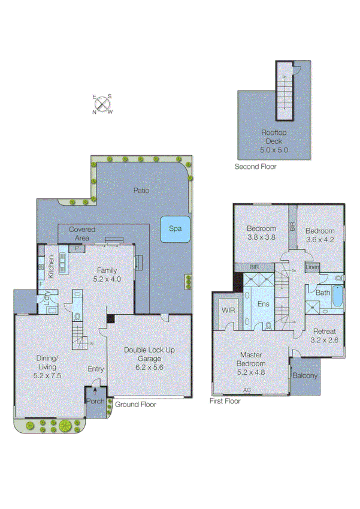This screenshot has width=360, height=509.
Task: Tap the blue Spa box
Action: coord(175,229)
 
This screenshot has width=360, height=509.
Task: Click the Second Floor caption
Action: coord(255,167)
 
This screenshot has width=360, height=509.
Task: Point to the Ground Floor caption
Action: coord(135,405)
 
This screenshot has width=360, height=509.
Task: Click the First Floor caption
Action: coord(225,401)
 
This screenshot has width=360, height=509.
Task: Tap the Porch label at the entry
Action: coord(95,402)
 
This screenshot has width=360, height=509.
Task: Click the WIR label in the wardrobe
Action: coord(228,310)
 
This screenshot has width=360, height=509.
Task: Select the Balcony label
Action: coord(305,376)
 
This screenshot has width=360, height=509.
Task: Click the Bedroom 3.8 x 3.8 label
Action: coord(261,233)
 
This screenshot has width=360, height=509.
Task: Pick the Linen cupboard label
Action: coord(311,267)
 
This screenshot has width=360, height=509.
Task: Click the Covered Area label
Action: coord(82,234)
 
